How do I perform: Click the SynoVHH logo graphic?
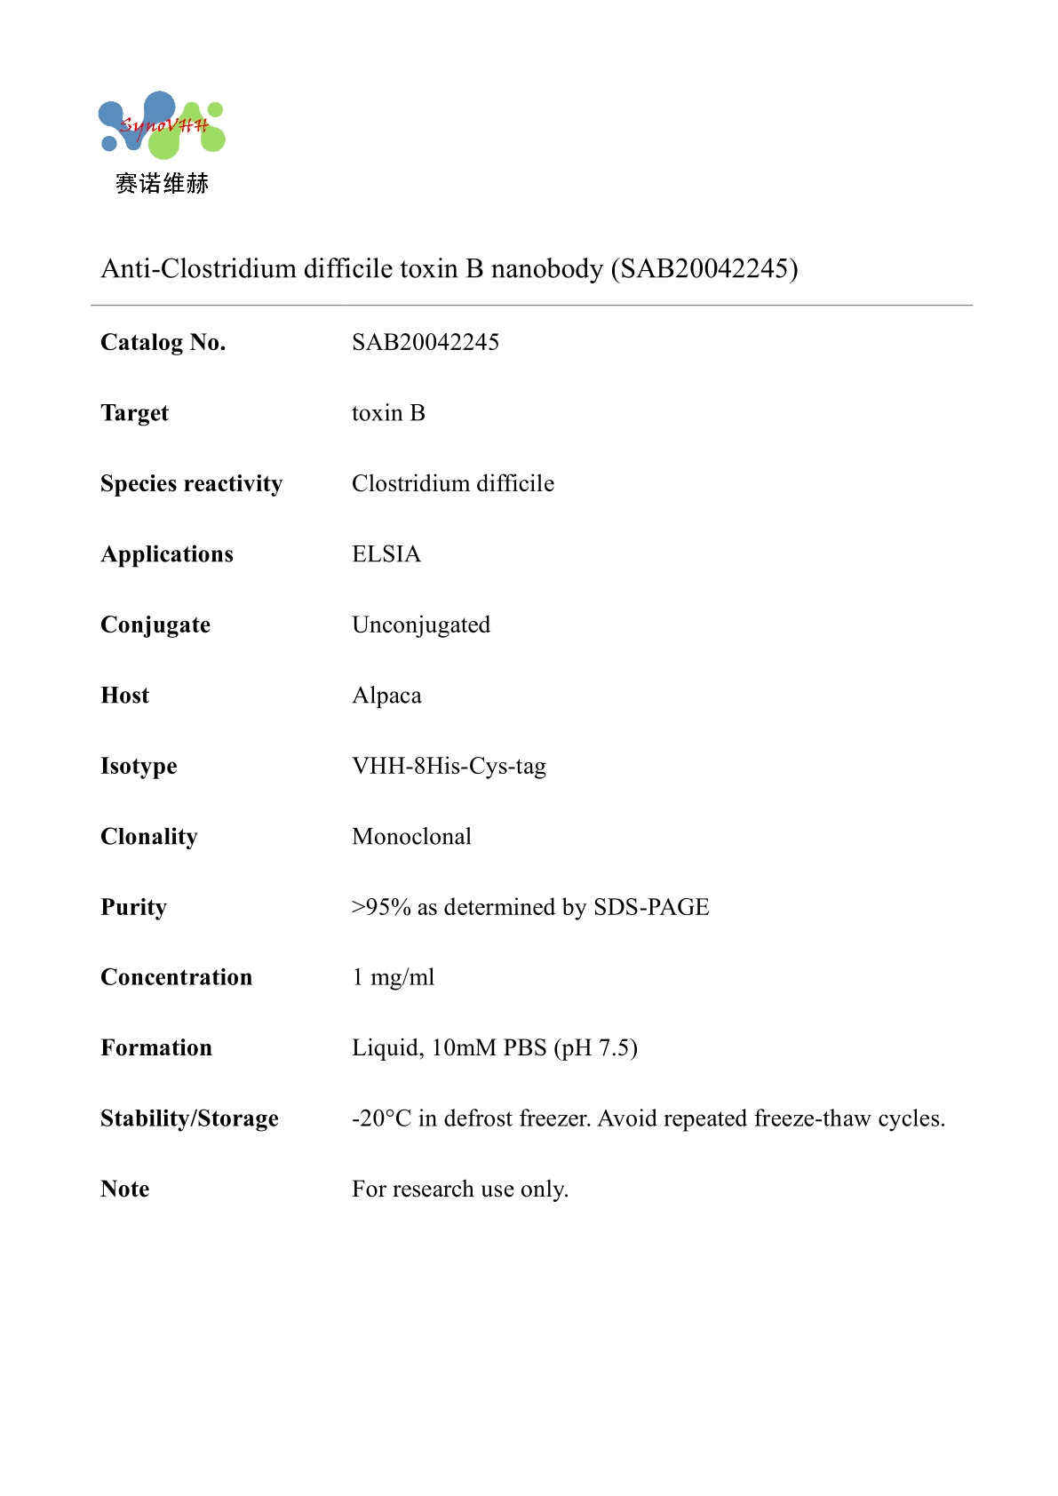tap(161, 125)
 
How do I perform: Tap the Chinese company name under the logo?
tap(162, 184)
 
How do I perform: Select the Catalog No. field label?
tap(163, 342)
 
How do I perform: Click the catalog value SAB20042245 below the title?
tap(425, 342)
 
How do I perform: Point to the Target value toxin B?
tap(388, 413)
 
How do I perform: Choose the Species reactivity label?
tap(191, 483)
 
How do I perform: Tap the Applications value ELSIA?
tap(386, 554)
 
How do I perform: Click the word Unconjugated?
tap(420, 625)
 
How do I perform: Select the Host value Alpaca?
tap(386, 696)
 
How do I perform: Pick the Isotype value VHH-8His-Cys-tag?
tap(449, 766)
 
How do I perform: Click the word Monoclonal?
tap(411, 837)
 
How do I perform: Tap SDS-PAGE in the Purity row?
tap(651, 907)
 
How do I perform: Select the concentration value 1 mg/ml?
tap(393, 977)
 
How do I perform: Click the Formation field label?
tap(156, 1048)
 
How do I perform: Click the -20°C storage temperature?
tap(381, 1118)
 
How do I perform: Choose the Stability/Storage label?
tap(189, 1118)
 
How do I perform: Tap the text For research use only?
tap(459, 1189)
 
